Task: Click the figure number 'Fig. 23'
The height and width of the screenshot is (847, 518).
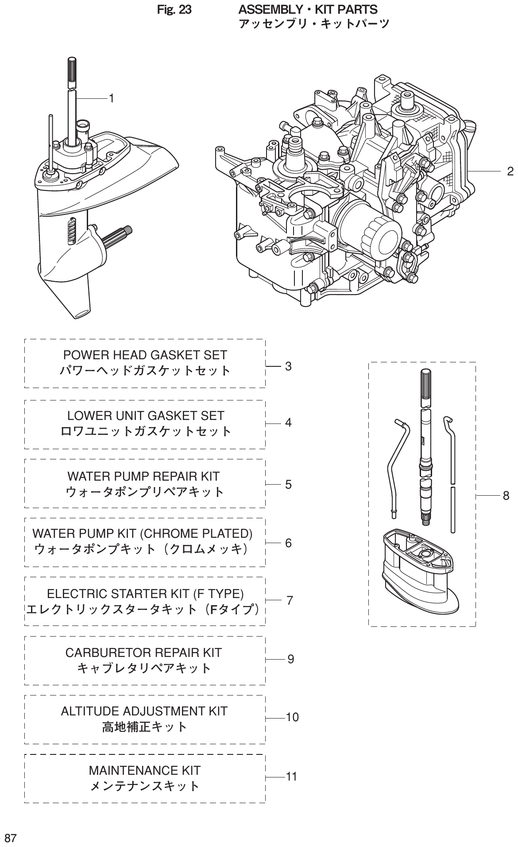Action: click(174, 9)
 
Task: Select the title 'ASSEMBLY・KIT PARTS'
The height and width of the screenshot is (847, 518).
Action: click(308, 9)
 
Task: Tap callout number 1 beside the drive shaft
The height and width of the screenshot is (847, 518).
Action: click(112, 98)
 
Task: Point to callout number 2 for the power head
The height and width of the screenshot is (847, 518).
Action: click(510, 171)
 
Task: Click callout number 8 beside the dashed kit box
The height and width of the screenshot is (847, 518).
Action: click(506, 496)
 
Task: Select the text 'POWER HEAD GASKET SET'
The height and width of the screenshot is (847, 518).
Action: click(145, 355)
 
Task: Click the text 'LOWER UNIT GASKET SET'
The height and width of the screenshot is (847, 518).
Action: click(146, 416)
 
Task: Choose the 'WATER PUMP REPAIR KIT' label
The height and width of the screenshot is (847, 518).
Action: click(143, 476)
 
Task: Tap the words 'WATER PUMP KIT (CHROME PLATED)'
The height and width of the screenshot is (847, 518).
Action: click(143, 533)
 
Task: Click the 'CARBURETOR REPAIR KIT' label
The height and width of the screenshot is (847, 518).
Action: click(143, 653)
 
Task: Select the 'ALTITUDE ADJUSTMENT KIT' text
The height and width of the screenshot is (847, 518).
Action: click(144, 711)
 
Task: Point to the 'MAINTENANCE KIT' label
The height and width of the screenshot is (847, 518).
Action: click(145, 770)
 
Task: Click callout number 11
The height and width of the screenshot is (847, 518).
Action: click(291, 777)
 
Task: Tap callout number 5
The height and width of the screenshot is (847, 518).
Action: click(288, 484)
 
